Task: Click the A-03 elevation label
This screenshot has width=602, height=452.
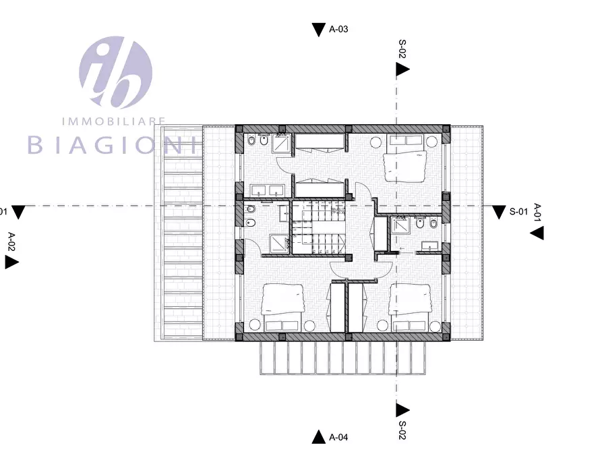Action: pyautogui.click(x=338, y=30)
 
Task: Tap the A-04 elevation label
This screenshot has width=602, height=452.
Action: pyautogui.click(x=338, y=437)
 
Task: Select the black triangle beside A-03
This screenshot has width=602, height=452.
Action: pyautogui.click(x=318, y=30)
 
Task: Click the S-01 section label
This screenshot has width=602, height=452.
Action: pyautogui.click(x=518, y=212)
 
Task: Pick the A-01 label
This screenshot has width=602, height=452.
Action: pyautogui.click(x=537, y=212)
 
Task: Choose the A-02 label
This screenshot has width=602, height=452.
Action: pyautogui.click(x=11, y=241)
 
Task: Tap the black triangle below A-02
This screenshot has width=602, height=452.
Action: pyautogui.click(x=11, y=262)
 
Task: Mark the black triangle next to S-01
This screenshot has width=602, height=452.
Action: pyautogui.click(x=499, y=213)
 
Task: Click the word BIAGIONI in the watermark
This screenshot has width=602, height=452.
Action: pyautogui.click(x=111, y=144)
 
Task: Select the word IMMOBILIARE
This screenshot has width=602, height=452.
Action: pyautogui.click(x=113, y=121)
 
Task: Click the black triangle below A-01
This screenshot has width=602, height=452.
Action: pyautogui.click(x=537, y=233)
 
